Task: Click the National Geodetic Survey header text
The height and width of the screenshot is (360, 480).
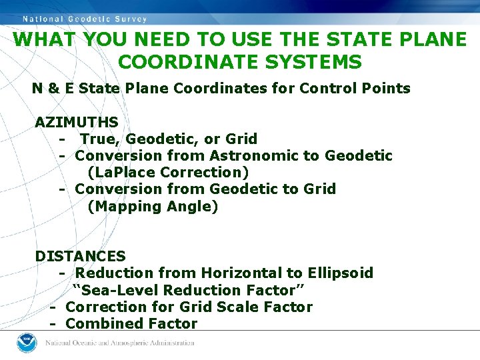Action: (x=85, y=19)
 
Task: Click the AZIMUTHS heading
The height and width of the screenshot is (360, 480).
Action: (x=77, y=122)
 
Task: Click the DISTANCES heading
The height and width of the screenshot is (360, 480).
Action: (x=80, y=256)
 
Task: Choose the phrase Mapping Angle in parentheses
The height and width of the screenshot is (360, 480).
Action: (x=153, y=206)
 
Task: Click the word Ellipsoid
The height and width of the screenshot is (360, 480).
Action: (x=340, y=273)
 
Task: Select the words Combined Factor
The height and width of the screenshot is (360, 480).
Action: (x=132, y=323)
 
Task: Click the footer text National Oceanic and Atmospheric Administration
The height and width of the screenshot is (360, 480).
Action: (x=119, y=343)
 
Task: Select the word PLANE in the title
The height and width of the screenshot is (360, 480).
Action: (x=426, y=39)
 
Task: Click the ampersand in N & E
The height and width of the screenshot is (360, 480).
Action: (x=53, y=88)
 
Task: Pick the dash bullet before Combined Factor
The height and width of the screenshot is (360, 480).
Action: (x=51, y=323)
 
